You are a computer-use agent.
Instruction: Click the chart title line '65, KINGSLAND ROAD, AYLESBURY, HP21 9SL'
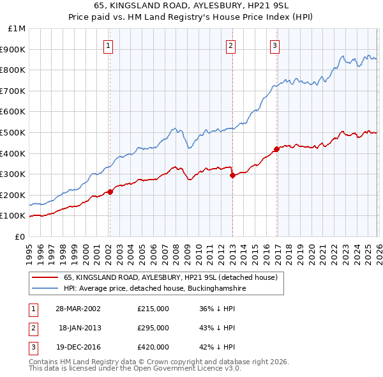(191, 7)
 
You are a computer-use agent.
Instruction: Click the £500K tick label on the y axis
(13, 132)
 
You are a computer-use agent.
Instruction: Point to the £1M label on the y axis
(17, 29)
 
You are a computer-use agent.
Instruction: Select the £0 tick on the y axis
(20, 236)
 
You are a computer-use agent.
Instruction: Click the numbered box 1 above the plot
(109, 45)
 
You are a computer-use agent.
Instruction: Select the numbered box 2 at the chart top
(230, 45)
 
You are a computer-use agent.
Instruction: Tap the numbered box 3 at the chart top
(274, 45)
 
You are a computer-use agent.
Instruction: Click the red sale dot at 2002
(110, 191)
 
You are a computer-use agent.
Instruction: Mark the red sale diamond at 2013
(232, 174)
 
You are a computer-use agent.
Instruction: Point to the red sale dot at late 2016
(276, 149)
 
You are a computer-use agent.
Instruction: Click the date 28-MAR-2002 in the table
(78, 309)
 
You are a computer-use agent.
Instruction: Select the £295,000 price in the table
(153, 328)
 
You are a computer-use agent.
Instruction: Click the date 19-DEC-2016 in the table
(78, 347)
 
